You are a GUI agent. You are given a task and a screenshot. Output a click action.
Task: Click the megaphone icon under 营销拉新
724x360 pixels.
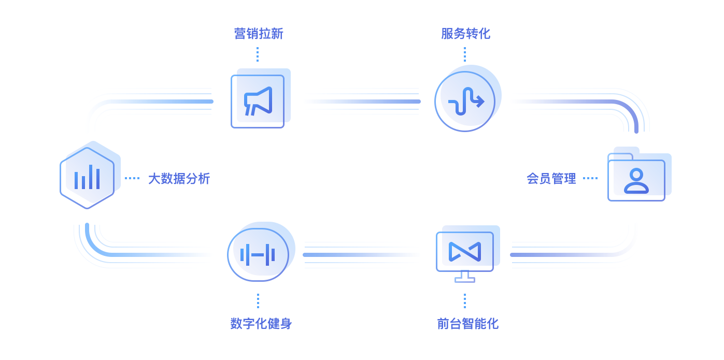pos(258,101)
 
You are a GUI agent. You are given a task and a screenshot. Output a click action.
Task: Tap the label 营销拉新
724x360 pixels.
pos(259,34)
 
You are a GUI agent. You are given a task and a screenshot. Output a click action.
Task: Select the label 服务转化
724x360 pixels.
pos(465,34)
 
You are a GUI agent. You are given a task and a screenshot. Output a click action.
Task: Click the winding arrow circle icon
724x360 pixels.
pos(465,101)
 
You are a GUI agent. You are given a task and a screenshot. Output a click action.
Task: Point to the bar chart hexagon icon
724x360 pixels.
pos(87,178)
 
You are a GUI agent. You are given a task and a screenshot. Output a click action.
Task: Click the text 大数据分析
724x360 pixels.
pos(179,179)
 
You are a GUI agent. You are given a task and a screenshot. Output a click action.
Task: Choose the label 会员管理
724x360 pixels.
pos(551,179)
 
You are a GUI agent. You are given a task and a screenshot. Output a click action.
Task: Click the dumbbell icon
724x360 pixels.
pos(258,254)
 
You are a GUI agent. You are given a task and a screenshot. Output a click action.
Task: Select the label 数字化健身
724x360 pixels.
pos(261,324)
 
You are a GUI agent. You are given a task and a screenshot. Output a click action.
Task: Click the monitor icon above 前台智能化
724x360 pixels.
pos(465,253)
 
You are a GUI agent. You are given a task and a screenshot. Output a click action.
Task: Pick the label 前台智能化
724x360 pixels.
pos(467,324)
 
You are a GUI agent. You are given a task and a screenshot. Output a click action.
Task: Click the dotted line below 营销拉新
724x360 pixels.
pos(258,54)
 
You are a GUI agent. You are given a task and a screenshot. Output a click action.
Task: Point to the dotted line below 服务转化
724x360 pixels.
pos(465,54)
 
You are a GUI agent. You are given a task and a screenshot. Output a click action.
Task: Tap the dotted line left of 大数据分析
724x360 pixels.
pos(132,178)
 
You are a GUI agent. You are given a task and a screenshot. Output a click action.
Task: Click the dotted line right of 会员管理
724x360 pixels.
pos(590,178)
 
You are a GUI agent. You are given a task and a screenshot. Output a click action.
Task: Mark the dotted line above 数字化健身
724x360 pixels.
pos(258,301)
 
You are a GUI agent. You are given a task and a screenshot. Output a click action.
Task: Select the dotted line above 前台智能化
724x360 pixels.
pos(465,301)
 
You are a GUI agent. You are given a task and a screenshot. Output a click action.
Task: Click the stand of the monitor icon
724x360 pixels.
pos(465,277)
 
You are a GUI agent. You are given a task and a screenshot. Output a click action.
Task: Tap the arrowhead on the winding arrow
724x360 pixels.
pos(481,101)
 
